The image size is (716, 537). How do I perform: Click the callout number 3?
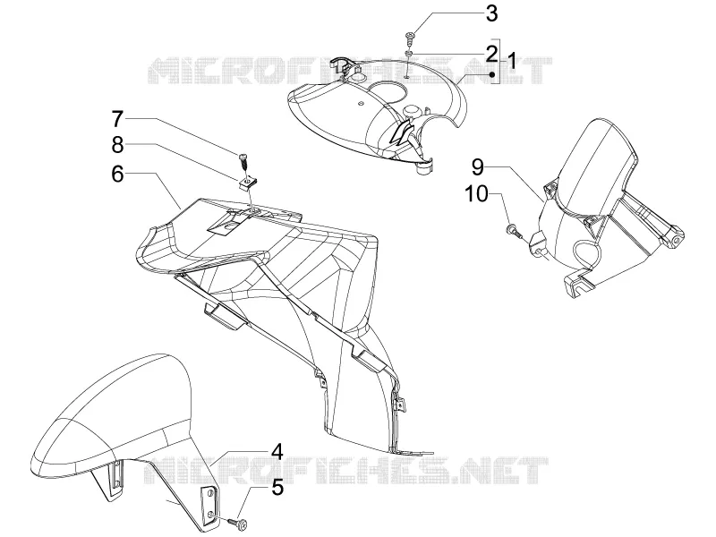pos(491,13)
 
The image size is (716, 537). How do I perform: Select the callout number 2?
pos(491,54)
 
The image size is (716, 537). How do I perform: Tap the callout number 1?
pos(511,61)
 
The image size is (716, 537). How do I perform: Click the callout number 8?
pos(118,146)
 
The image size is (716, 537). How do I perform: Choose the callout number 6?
pos(118,174)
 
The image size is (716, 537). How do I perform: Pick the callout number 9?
pos(478,167)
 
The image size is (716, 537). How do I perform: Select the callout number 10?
pos(477,194)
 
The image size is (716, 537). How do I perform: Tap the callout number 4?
pos(277,453)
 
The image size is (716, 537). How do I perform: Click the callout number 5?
pos(277,487)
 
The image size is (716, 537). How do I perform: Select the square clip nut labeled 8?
pos(247,183)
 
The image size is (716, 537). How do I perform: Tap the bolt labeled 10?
pos(513,230)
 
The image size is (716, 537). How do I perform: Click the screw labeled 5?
pos(239,521)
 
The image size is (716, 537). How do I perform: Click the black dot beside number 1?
pos(491,74)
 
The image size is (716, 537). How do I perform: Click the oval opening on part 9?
pos(586,250)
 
